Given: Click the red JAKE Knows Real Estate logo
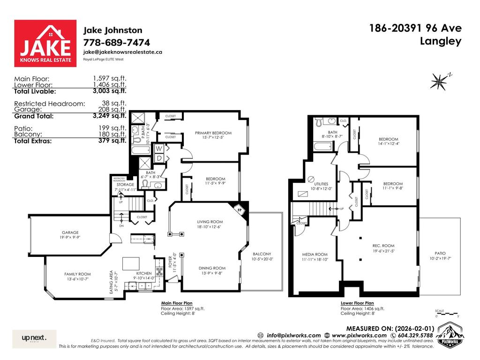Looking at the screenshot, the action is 45,44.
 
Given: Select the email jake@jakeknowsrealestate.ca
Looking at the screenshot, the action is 123,52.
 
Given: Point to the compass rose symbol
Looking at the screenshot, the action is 439,82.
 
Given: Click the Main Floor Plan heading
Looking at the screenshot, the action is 177,303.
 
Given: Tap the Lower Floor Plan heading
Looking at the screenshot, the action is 358,303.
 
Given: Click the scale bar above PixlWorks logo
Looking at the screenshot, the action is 446,313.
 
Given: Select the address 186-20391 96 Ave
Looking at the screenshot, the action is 415,28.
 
